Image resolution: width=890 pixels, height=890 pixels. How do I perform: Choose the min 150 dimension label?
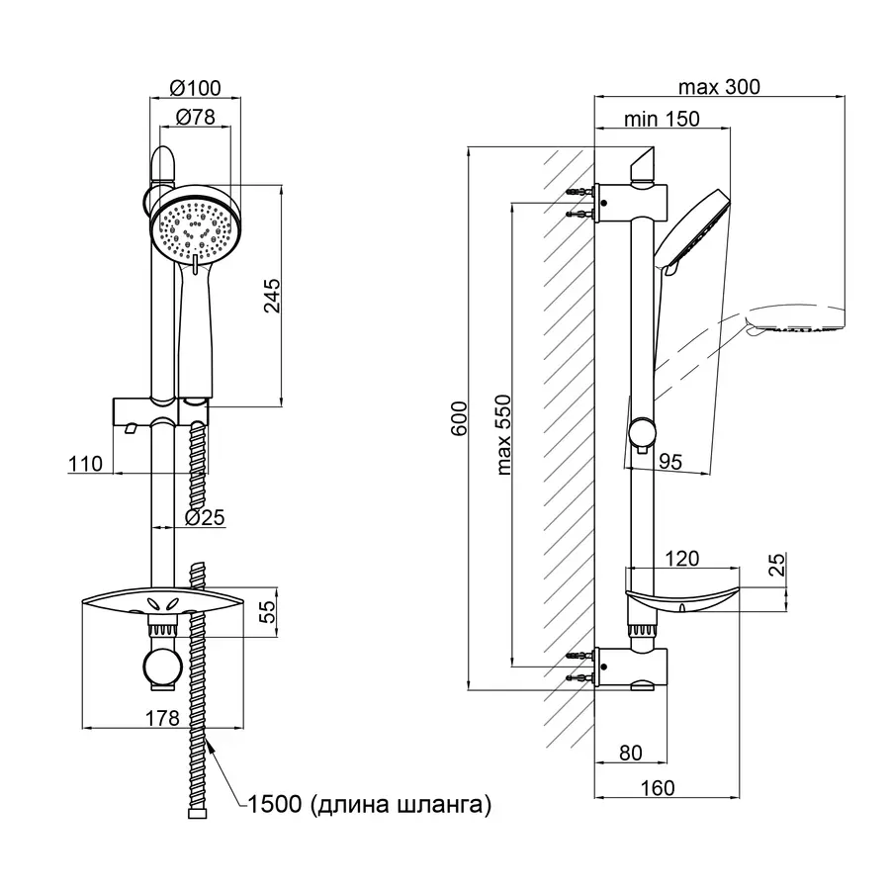pos(663,119)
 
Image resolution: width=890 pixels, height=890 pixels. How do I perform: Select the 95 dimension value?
pos(671,459)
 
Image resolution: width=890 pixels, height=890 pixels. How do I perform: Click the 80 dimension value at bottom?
pos(630,754)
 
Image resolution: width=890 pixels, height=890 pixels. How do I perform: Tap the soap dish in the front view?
pos(160,604)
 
